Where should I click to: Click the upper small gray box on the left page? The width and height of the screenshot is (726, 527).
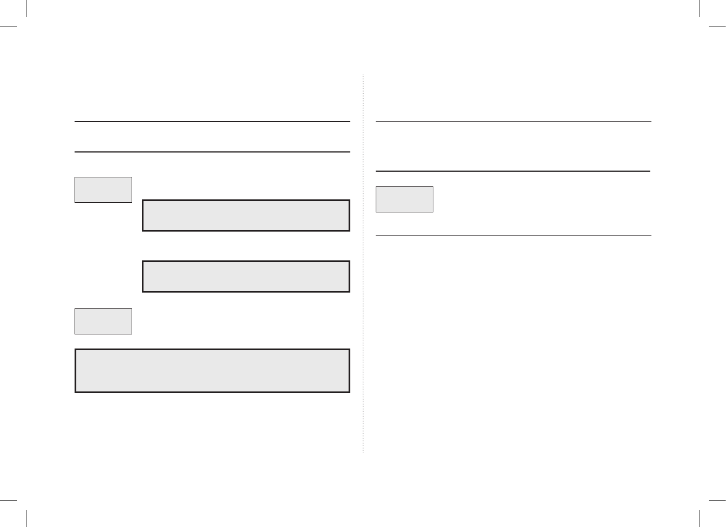(103, 189)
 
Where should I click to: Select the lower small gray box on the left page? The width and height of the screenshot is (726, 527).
(103, 321)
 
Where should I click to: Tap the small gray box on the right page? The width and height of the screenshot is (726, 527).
(405, 199)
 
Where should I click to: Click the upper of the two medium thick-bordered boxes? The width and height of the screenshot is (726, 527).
(246, 215)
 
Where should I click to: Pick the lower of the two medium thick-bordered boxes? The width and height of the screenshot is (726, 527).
(246, 276)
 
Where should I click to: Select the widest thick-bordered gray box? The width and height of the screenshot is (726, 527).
(212, 371)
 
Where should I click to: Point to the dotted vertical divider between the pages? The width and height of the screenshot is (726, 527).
(363, 263)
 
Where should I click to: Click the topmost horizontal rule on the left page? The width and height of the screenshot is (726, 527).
(212, 121)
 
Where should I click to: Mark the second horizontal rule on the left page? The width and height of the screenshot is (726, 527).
(212, 152)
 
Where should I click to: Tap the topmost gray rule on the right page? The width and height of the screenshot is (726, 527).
(514, 121)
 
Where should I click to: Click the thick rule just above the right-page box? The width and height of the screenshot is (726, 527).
(513, 171)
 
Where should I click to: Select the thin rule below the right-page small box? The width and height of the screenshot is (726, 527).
(514, 236)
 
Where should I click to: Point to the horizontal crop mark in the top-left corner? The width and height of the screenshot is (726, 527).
(8, 27)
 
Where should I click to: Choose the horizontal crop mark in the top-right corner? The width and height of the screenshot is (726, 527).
(718, 27)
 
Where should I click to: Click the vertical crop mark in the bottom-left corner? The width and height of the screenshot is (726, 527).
(27, 519)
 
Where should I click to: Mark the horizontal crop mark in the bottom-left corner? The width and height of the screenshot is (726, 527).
(8, 500)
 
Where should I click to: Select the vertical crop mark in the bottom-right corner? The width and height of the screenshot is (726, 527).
(699, 519)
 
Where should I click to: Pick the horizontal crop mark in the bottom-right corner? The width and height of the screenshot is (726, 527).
(718, 500)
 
